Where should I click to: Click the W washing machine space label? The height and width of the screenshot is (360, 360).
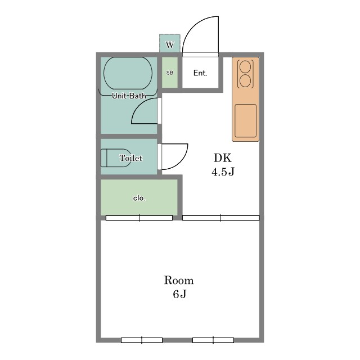coord(170,44)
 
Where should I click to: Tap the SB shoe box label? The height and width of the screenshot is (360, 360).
coord(170,73)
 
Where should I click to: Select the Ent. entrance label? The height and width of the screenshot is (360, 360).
coord(200,73)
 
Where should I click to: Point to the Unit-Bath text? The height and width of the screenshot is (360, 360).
coord(129,96)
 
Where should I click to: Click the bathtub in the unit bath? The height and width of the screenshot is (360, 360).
coord(128,73)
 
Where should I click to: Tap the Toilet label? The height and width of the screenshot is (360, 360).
coord(131,158)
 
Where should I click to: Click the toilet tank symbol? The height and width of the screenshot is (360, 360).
coord(104,157)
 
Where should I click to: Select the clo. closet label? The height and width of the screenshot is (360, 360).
coord(139,198)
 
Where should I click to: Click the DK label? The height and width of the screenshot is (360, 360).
coord(223,158)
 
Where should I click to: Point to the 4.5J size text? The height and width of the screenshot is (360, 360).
coord(223,172)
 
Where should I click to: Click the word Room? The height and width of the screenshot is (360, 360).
coord(179,280)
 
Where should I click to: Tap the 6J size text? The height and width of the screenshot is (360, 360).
coord(179,294)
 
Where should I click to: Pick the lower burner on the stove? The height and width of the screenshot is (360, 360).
coord(245,81)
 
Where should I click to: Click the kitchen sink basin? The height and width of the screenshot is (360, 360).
coord(245,121)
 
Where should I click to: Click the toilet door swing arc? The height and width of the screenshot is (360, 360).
coord(181,163)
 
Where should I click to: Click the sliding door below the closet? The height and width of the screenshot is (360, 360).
coord(139,218)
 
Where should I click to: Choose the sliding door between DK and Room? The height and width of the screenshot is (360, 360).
coord(220,218)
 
